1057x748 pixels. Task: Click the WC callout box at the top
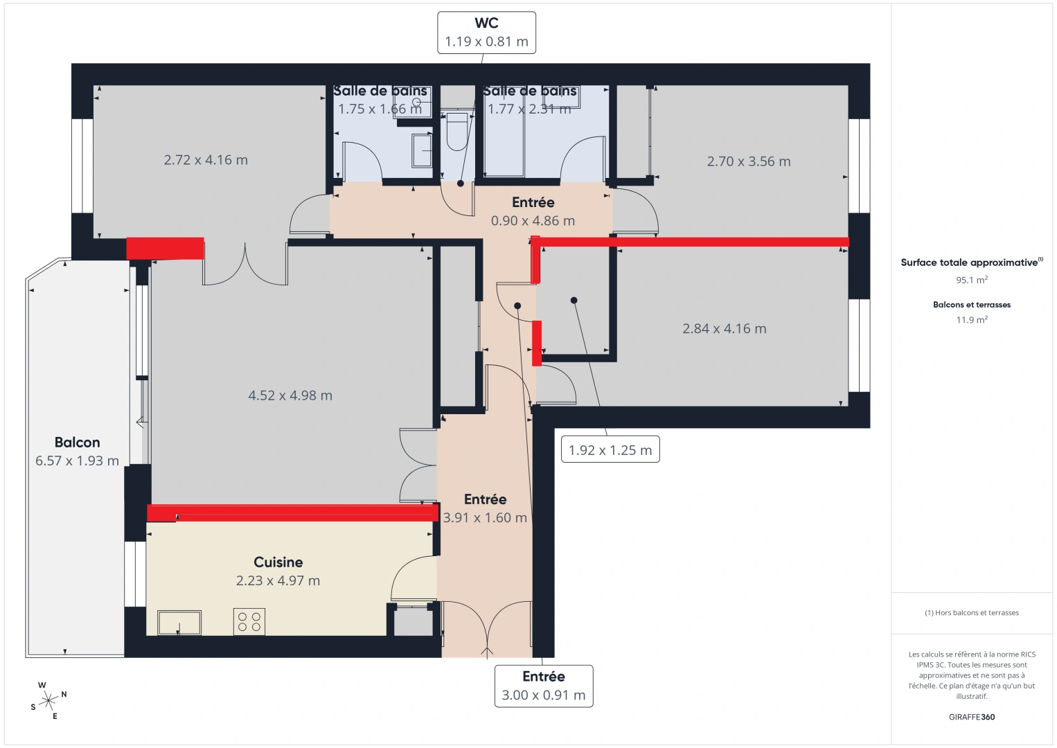(486, 33)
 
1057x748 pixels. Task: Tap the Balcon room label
(77, 443)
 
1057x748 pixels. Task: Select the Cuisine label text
(278, 562)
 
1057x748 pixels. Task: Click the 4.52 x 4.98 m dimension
(290, 395)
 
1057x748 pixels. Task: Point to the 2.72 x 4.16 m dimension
(206, 160)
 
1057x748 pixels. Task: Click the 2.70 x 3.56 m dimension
(748, 161)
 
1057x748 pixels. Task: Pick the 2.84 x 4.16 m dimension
(724, 329)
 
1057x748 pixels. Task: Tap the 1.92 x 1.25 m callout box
(610, 450)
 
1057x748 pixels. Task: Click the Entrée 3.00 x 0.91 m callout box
(543, 686)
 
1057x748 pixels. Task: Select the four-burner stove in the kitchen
(249, 621)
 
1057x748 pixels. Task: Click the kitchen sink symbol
(179, 623)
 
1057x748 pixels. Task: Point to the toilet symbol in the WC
(457, 132)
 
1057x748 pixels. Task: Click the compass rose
(48, 701)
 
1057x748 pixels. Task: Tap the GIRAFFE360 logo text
(971, 717)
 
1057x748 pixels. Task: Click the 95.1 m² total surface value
(971, 280)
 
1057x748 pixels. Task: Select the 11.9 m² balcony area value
(971, 320)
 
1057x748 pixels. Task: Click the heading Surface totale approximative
(969, 262)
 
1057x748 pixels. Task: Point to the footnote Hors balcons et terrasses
(971, 613)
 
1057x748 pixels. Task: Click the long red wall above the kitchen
(292, 513)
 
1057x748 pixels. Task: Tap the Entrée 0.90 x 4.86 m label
(533, 211)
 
